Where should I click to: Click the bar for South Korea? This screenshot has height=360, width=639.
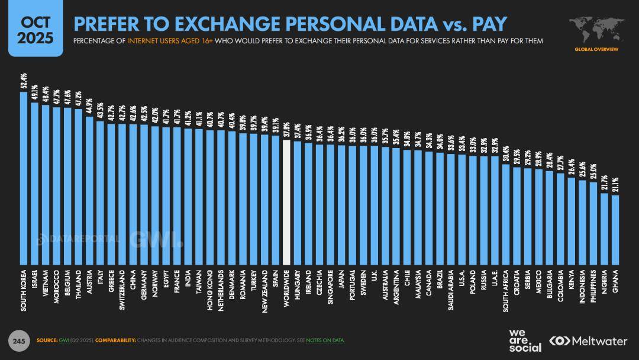pos(24,178)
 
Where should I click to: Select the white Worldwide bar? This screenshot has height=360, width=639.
pos(286,202)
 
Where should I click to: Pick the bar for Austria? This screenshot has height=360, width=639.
pos(90,189)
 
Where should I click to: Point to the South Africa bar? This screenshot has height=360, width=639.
pos(506,214)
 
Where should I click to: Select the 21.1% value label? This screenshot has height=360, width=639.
pos(615,185)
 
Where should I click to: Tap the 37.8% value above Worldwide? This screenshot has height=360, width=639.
pos(286,130)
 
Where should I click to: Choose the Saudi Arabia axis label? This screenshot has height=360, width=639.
pos(451,290)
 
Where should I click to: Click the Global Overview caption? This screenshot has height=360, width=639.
pos(596,50)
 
